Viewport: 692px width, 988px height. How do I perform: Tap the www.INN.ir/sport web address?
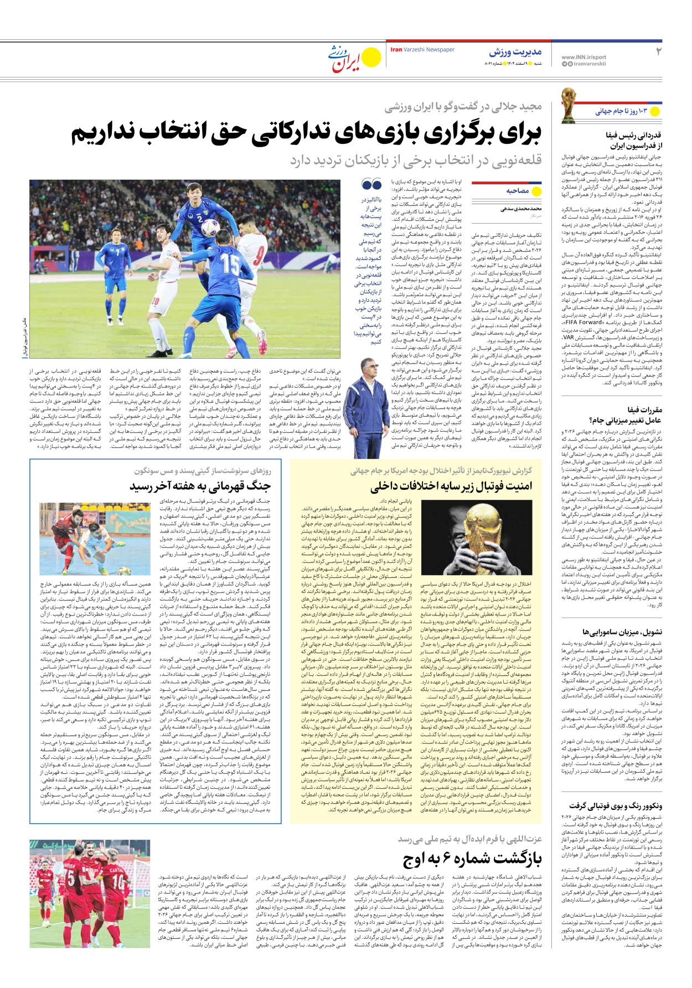point(583,57)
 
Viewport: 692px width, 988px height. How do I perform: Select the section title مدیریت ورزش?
point(515,53)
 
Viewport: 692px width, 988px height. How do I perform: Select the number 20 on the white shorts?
point(155,301)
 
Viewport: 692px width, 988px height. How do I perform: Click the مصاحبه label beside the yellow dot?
point(518,191)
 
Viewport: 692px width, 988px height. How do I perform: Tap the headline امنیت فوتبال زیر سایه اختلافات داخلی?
point(451,487)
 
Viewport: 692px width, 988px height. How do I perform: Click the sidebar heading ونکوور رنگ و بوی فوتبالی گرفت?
point(615,806)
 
